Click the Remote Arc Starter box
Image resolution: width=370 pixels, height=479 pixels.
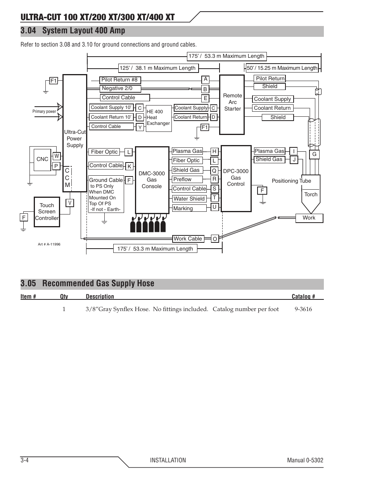pos(232,105)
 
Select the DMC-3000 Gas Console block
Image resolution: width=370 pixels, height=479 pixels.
pos(152,180)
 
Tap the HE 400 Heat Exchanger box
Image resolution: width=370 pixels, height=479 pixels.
pos(159,118)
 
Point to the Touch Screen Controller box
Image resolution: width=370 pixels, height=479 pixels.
pos(47,212)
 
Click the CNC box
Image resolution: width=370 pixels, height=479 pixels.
pos(42,159)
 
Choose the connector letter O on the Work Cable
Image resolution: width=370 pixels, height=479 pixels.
pos(215,239)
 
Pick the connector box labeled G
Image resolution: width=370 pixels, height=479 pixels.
pos(314,154)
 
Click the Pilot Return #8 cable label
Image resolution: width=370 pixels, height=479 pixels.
pos(120,80)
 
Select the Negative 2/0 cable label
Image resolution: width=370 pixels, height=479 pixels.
pos(120,88)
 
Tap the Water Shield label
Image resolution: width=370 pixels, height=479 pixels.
pos(189,199)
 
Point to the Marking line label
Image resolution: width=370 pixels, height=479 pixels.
pos(189,208)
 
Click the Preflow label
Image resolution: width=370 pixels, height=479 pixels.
pos(187,179)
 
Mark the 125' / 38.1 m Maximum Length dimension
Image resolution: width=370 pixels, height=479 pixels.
pos(158,68)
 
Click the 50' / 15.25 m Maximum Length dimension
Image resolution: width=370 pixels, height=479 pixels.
pos(282,68)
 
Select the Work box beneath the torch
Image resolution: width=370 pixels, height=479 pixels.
pos(309,218)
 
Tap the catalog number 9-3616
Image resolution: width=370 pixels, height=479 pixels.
pos(303,309)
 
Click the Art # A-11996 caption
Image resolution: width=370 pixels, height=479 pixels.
pos(49,244)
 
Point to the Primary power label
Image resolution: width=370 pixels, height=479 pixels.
pos(44,111)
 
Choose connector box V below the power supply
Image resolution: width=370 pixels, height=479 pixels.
pos(70,203)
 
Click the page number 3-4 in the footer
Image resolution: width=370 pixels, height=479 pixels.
pos(24,460)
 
